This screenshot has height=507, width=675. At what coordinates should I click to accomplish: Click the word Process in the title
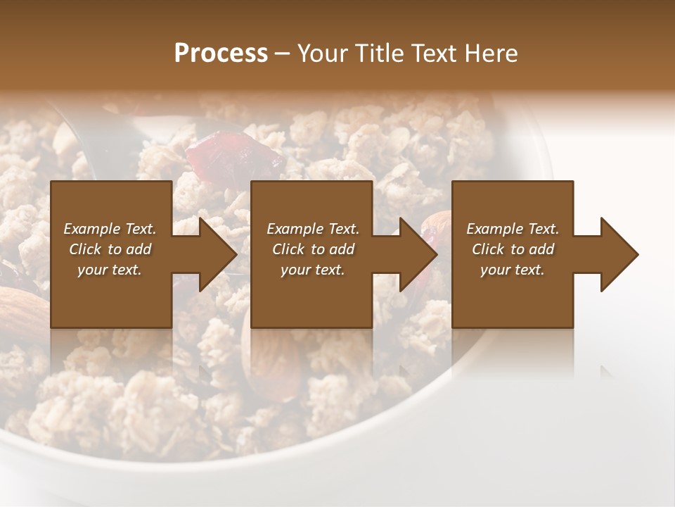pos(221,54)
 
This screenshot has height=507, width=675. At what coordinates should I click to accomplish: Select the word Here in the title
pos(490,54)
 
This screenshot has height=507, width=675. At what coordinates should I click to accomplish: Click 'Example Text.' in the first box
pos(110,229)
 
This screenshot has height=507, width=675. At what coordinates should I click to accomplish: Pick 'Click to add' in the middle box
pos(313,249)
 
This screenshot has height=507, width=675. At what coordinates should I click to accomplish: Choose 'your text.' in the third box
pos(513,270)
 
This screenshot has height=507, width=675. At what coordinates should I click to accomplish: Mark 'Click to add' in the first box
pos(110,249)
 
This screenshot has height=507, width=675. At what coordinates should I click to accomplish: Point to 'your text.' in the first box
pos(110,270)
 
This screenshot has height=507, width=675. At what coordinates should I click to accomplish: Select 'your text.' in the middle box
pos(313,270)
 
